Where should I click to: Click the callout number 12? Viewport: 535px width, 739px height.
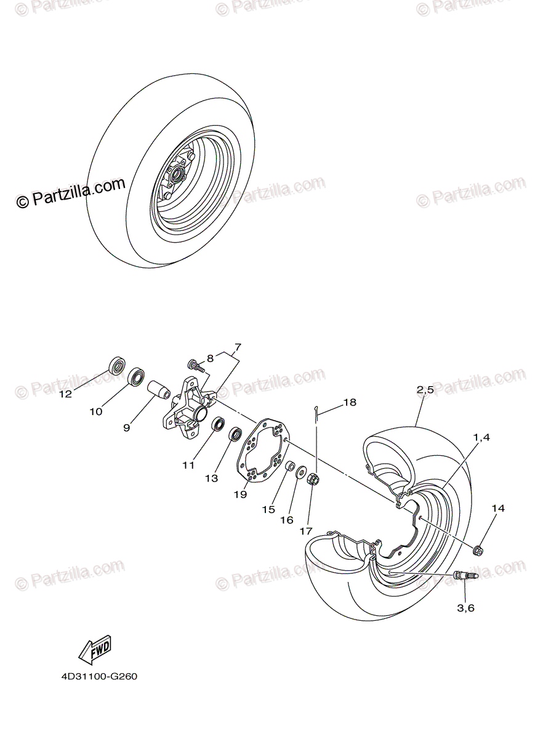pos(66,394)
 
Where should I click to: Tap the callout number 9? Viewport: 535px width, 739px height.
pos(126,427)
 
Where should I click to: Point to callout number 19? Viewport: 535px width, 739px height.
pos(241,493)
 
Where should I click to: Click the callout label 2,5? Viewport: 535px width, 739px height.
pos(425,389)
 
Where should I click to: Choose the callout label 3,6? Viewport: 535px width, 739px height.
pos(465,608)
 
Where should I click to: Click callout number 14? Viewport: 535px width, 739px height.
pos(497,508)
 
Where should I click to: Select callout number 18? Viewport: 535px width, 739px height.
pos(349,402)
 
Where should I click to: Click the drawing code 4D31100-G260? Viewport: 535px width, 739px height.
pos(99,677)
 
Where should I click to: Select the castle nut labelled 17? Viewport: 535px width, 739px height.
pos(312,477)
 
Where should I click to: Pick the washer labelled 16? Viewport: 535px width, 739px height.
pos(301,473)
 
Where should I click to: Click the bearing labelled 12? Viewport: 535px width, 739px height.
pos(116,365)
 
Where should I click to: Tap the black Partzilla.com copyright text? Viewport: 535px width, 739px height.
pos(70,193)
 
